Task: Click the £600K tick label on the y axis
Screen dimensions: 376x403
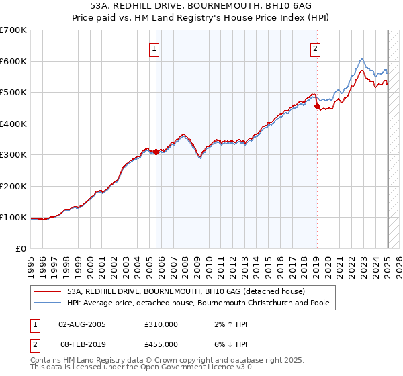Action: (x=13, y=61)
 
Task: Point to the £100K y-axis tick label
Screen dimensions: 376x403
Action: (x=13, y=218)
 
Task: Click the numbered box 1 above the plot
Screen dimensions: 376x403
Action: (x=155, y=48)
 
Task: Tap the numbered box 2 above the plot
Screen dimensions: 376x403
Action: (x=315, y=48)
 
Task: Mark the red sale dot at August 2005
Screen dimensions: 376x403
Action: (x=156, y=152)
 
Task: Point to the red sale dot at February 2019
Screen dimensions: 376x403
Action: (x=317, y=106)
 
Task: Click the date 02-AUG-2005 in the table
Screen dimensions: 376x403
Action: (x=83, y=324)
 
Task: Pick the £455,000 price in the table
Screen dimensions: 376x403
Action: (x=161, y=344)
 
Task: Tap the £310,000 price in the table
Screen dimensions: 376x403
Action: (x=161, y=324)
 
